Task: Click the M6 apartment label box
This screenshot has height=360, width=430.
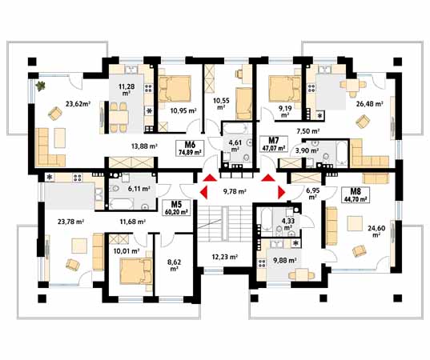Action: point(190,148)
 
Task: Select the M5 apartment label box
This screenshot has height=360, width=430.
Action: point(177,208)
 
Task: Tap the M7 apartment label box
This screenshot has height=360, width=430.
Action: point(274,144)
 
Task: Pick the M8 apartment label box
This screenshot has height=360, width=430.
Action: point(356,195)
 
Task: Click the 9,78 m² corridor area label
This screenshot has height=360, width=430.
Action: point(235,191)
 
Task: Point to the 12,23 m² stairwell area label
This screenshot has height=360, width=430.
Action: point(224,257)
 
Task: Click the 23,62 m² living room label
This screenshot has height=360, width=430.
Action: point(78,104)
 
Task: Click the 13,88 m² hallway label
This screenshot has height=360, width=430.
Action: point(144,146)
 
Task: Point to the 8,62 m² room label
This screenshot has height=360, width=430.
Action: point(175,266)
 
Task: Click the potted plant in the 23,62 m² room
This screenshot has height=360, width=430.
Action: point(41,86)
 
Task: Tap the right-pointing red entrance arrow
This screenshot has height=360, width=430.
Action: point(282,192)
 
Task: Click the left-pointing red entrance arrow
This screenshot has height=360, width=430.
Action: point(203,192)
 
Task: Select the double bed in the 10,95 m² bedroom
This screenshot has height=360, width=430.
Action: point(175,89)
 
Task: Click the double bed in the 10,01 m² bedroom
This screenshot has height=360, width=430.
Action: point(136,272)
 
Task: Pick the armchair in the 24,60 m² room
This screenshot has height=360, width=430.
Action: point(359,250)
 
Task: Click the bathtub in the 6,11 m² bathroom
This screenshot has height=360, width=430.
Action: point(122,204)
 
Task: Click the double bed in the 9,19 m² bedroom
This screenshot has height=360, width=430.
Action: point(285,89)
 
